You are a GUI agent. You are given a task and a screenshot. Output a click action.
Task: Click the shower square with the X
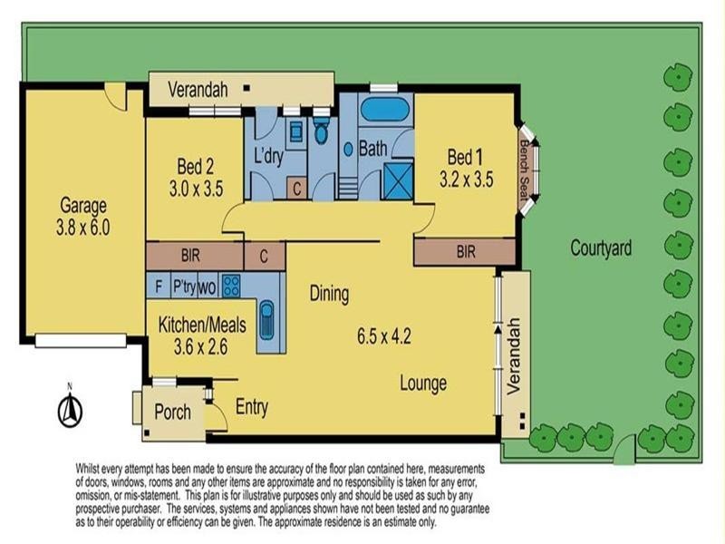pos(398,179)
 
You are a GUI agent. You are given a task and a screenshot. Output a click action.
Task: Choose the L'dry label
pos(269,155)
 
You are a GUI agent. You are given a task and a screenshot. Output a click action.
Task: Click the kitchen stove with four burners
pos(231,286)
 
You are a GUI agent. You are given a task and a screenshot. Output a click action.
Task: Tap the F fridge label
pos(158,286)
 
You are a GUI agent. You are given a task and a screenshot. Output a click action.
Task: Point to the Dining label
pos(329,294)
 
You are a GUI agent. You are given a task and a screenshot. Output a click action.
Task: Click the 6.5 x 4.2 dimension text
pos(385,336)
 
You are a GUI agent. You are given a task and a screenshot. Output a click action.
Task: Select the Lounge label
pos(423,384)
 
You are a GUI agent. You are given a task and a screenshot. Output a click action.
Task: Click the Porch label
pos(172,413)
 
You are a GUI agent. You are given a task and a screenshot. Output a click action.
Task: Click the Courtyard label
pos(601,248)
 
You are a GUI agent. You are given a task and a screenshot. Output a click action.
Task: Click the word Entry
pos(251,408)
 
